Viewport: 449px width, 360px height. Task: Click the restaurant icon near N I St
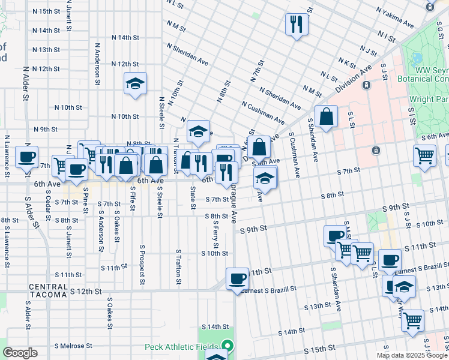pos(295,25)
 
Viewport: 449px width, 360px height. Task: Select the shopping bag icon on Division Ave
pos(326,117)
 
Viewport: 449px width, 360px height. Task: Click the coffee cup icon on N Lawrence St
pos(26,157)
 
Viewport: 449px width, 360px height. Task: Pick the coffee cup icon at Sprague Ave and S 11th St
pos(237,278)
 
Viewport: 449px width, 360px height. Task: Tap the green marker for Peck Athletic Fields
pos(227,346)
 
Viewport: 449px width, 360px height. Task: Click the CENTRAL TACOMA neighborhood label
pos(47,287)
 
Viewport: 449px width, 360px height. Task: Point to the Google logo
pos(19,353)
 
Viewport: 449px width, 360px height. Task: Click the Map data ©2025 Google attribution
pos(412,355)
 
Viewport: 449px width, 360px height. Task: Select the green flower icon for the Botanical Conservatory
pos(417,59)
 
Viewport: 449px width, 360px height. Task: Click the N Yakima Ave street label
pos(395,18)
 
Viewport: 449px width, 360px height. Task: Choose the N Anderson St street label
pos(97,63)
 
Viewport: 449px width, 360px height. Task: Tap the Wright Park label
pos(428,98)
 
